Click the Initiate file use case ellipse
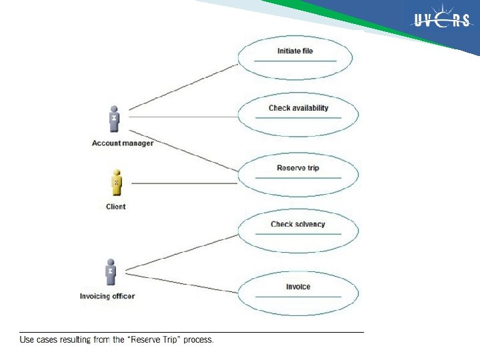tap(295, 58)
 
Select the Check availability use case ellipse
tap(298, 115)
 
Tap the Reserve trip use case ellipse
tap(298, 174)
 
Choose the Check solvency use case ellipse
tap(298, 231)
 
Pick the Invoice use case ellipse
tap(298, 292)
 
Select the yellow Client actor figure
tap(115, 182)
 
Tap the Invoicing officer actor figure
tap(110, 273)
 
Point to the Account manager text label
tap(123, 143)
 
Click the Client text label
tap(115, 207)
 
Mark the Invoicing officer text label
tap(107, 296)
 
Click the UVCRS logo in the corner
tap(442, 21)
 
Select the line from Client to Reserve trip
tap(180, 183)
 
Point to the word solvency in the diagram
tap(309, 225)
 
